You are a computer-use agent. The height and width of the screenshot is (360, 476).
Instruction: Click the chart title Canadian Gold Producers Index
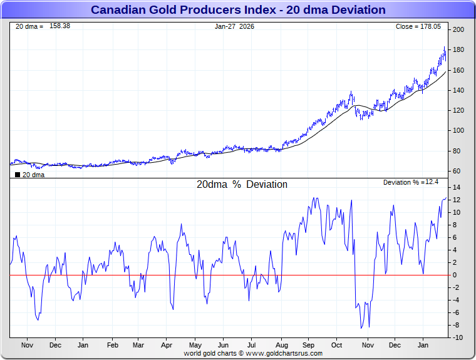[x=238, y=10]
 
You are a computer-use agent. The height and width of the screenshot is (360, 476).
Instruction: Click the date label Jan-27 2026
[x=234, y=26]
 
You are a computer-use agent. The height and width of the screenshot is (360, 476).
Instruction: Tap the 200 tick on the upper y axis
[x=458, y=30]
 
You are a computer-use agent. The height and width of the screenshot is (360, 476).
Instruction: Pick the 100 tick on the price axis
[x=458, y=131]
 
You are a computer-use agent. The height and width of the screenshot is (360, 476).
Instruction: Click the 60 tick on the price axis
[x=458, y=171]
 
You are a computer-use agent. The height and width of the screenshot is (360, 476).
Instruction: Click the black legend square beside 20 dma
[x=17, y=175]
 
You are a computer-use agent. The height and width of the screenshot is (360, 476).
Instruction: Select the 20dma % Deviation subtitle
[x=242, y=185]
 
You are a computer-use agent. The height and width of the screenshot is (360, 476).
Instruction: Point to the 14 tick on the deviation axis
[x=457, y=188]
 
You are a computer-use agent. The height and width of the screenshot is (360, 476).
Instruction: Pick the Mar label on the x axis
[x=138, y=345]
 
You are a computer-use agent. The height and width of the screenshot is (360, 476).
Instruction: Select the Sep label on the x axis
[x=309, y=345]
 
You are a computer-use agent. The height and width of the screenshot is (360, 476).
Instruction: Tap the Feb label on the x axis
[x=113, y=345]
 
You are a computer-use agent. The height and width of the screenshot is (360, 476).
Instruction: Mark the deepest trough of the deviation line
[x=361, y=328]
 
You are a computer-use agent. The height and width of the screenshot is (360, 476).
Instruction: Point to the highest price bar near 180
[x=444, y=48]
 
